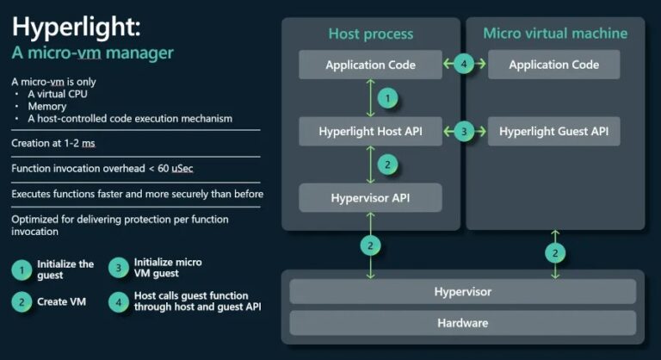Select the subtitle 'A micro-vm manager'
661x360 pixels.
[92, 53]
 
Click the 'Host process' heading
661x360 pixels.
[371, 34]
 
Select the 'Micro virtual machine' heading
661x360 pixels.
[555, 34]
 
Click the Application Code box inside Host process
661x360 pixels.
[370, 65]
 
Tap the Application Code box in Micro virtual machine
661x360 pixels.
[553, 65]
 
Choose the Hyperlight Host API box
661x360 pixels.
[370, 132]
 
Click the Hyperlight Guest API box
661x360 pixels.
[553, 132]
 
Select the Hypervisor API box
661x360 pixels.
[370, 197]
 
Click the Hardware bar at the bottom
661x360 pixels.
[462, 323]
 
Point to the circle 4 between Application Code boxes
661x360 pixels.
[464, 65]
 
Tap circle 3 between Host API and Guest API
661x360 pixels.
[464, 132]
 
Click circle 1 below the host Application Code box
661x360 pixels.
[388, 98]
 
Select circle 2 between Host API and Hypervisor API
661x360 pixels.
[388, 164]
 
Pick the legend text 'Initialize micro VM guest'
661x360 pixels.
[168, 267]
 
